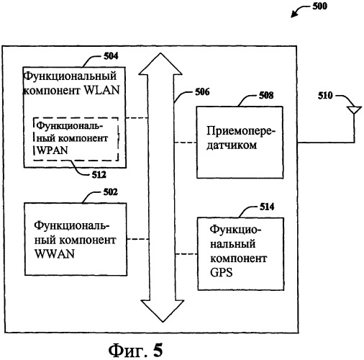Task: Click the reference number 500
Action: [x=319, y=6]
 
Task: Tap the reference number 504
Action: [x=111, y=56]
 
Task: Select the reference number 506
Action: [x=202, y=91]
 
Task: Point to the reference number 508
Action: [x=266, y=96]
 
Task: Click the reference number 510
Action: [x=325, y=96]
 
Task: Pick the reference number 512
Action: [x=99, y=175]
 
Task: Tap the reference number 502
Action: [x=111, y=192]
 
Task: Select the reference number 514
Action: [x=267, y=207]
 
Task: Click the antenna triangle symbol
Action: [x=355, y=109]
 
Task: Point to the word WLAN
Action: [x=102, y=91]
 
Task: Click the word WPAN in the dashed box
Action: [x=53, y=150]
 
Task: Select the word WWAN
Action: [x=55, y=254]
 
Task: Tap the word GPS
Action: [x=222, y=273]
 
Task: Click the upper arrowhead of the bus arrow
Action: [x=160, y=63]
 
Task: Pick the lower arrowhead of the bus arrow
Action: [x=163, y=311]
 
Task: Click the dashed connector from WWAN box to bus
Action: [x=138, y=239]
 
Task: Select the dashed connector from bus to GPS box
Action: [x=187, y=254]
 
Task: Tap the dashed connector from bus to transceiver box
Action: [x=186, y=143]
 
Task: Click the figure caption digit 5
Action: [x=158, y=350]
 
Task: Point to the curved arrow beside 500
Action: [x=300, y=10]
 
